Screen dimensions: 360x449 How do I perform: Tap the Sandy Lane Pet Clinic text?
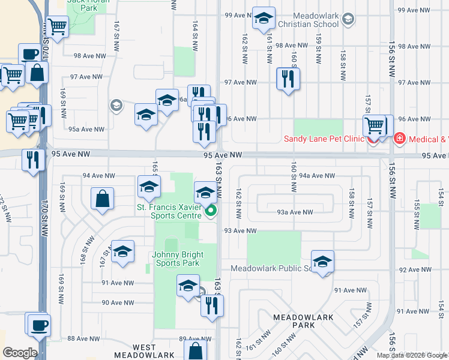pyautogui.click(x=324, y=139)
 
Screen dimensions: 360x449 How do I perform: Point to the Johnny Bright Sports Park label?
pyautogui.click(x=177, y=259)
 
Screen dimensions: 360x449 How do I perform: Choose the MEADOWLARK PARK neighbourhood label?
pyautogui.click(x=294, y=320)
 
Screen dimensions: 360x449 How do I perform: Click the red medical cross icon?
pyautogui.click(x=399, y=139)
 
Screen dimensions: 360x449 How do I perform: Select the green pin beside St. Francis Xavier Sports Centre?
pyautogui.click(x=210, y=211)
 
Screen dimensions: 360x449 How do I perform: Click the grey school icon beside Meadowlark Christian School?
pyautogui.click(x=348, y=20)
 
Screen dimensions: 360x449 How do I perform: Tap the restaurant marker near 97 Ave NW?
pyautogui.click(x=288, y=78)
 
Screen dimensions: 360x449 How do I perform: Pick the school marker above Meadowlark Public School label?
pyautogui.click(x=322, y=261)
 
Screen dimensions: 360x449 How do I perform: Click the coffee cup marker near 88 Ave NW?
pyautogui.click(x=39, y=325)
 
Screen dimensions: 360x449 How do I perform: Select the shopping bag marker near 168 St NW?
pyautogui.click(x=102, y=198)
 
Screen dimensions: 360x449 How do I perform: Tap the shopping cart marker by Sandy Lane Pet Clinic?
pyautogui.click(x=374, y=125)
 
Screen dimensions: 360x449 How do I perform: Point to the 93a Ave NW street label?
pyautogui.click(x=295, y=212)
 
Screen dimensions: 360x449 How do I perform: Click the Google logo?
pyautogui.click(x=20, y=353)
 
